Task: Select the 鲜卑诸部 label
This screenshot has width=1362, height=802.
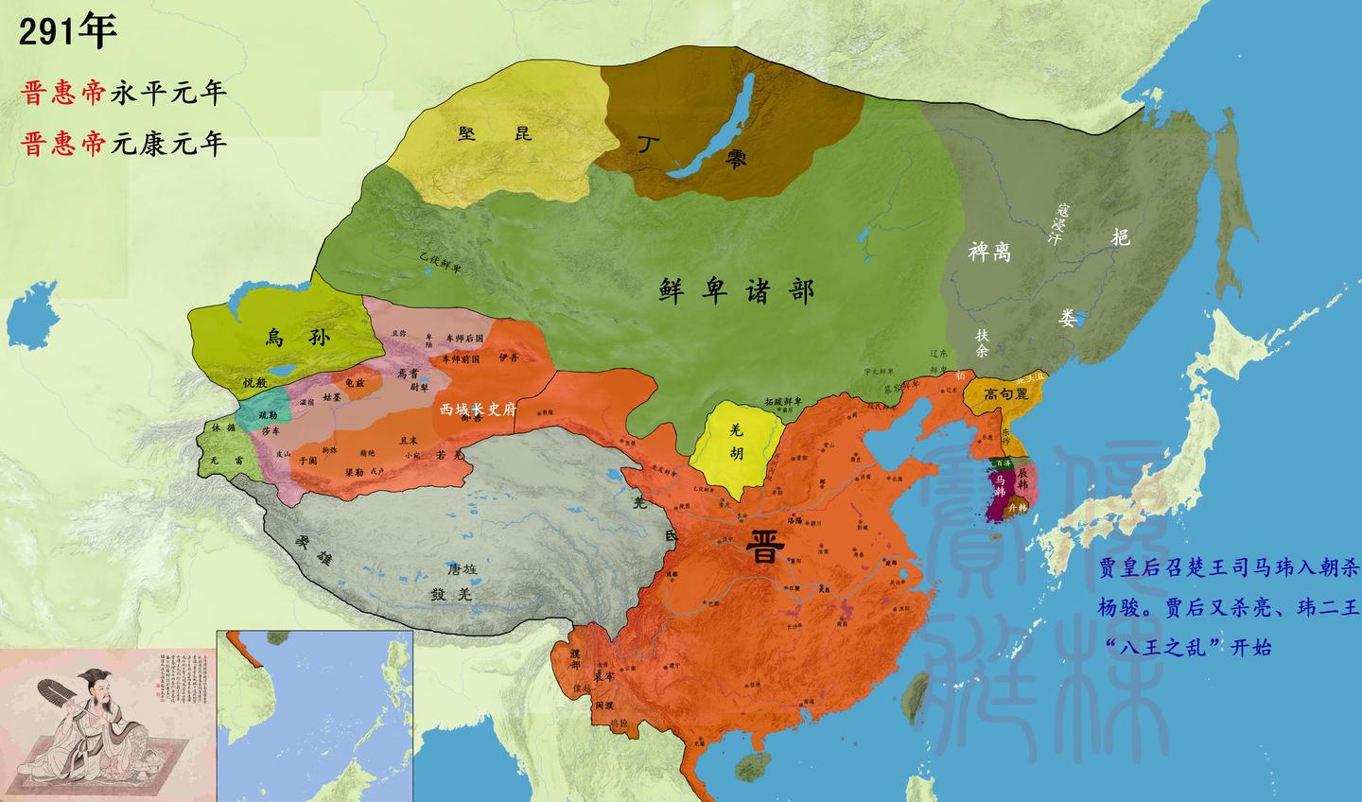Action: point(737,290)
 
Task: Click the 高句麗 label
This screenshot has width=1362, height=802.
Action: point(1005,394)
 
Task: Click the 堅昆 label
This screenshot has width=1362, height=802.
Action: point(496,133)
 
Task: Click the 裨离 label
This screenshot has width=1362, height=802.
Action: point(989,252)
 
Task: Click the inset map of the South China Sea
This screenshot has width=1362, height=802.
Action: point(315,715)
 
